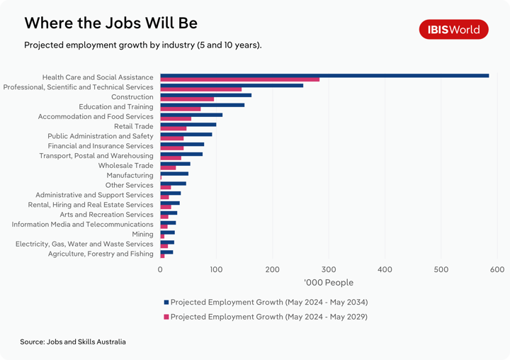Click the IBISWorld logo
pos(453,29)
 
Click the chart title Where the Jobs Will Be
pos(110,23)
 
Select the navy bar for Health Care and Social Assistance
pos(324,75)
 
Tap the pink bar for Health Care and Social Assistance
pos(239,79)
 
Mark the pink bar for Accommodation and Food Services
pos(176,119)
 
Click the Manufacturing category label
pos(130,175)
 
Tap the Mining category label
pos(142,234)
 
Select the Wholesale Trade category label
pos(125,165)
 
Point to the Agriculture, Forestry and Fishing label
pos(101,254)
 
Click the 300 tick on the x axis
pos(329,269)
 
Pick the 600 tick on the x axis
pos(497,269)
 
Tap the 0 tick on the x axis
pos(160,269)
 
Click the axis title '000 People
pos(329,283)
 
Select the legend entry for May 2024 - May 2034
pos(268,302)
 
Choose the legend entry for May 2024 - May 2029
pos(268,317)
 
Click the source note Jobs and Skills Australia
pos(73,342)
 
